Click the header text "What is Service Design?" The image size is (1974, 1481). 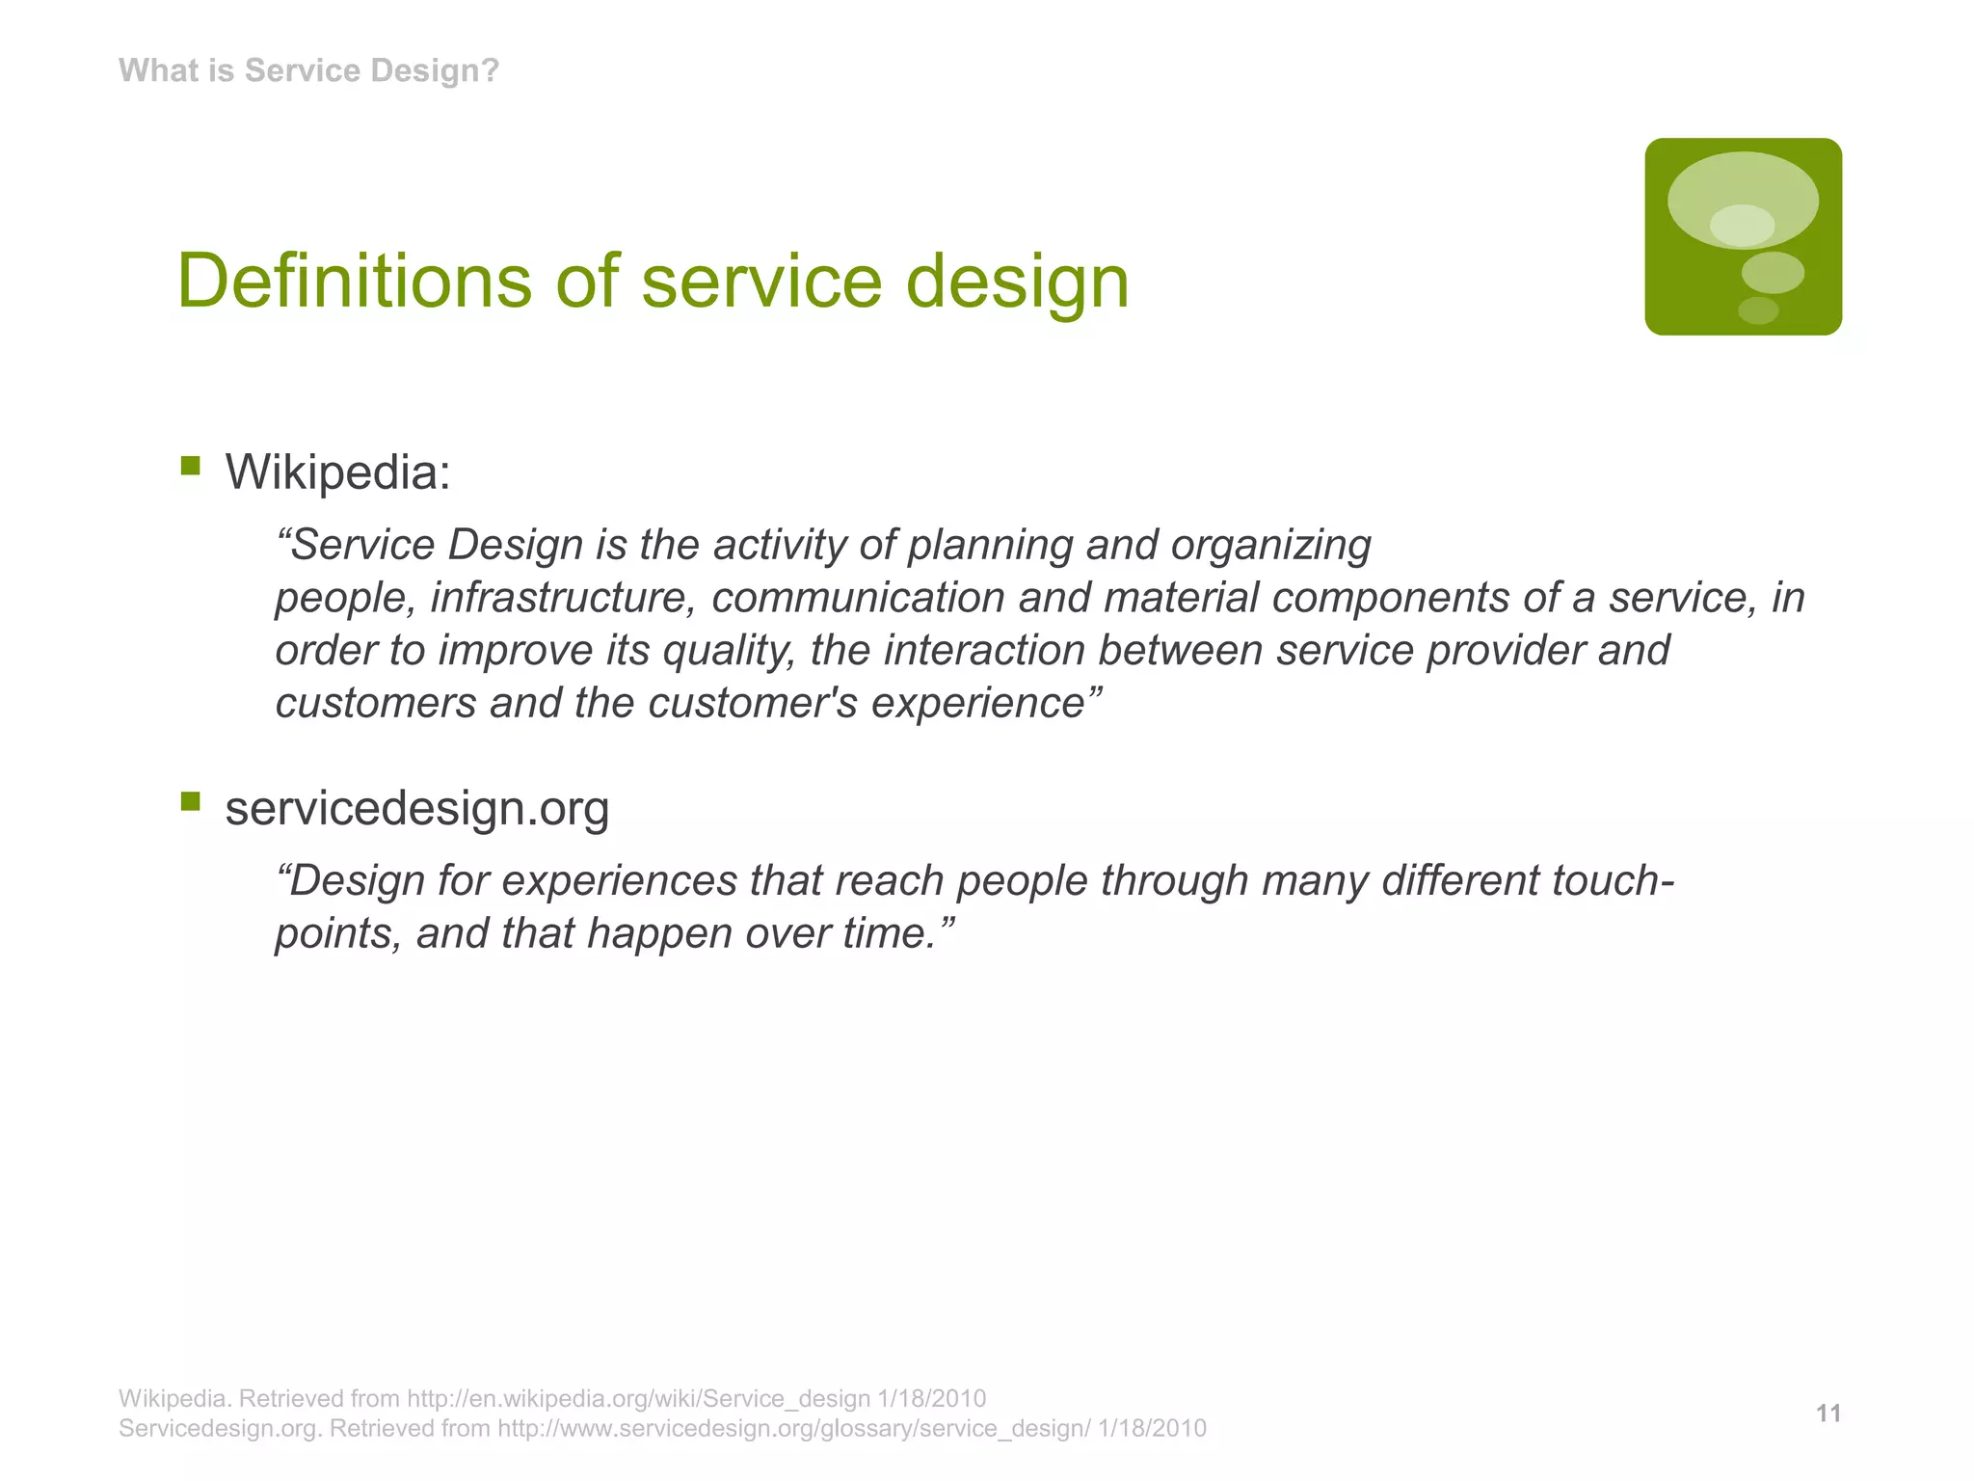308,70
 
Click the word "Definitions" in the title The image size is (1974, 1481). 354,281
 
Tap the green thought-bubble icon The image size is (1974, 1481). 1743,237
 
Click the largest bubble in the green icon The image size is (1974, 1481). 1743,199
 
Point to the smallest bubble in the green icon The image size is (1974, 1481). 1757,310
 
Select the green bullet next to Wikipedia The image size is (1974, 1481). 190,467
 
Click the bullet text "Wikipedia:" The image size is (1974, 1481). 337,472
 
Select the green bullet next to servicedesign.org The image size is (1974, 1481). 190,801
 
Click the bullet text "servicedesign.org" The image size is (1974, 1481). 416,808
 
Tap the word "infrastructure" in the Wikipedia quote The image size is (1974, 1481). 562,598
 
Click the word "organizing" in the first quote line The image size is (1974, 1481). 1270,546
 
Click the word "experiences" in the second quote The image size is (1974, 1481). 619,880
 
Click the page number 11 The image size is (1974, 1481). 1828,1414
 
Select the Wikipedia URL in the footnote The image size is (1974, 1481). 639,1398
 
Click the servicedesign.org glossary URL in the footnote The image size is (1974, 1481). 794,1428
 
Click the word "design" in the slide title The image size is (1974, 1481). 1016,281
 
